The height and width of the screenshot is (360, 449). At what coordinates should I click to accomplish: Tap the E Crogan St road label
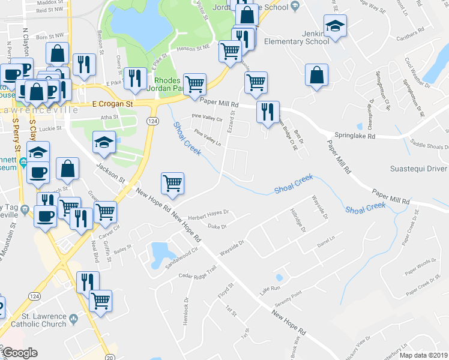click(x=112, y=104)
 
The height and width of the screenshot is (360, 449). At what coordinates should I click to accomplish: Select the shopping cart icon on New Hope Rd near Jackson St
click(x=172, y=182)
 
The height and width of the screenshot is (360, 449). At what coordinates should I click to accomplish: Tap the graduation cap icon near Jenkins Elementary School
click(x=335, y=26)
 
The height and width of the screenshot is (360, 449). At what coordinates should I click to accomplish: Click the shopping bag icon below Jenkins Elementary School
click(x=316, y=75)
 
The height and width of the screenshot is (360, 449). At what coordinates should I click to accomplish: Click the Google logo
click(x=20, y=353)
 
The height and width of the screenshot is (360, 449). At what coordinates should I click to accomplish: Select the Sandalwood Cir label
click(x=179, y=254)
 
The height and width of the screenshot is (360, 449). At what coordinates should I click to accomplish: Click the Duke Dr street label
click(x=216, y=227)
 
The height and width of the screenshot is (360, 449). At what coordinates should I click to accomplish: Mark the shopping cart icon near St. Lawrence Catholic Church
click(x=101, y=299)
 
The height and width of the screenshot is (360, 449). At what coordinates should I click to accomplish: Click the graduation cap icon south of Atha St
click(x=104, y=143)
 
